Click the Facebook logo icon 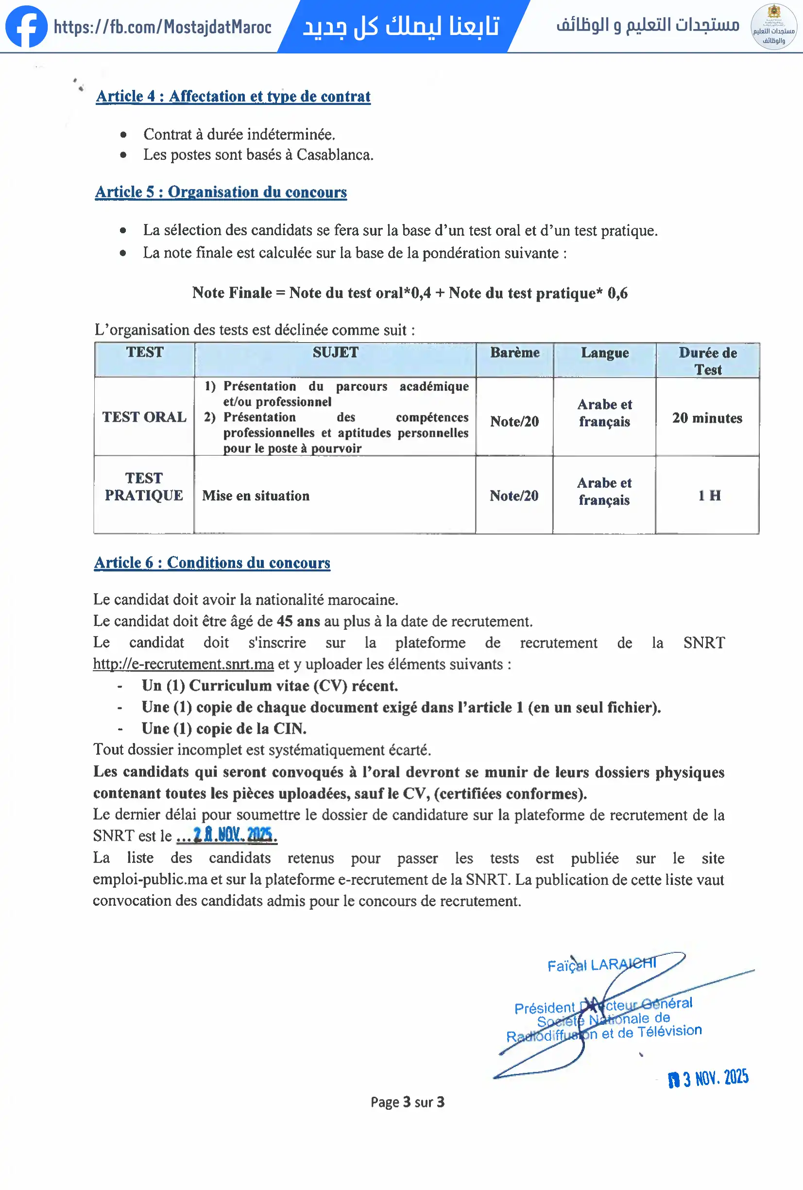(26, 26)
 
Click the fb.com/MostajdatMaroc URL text (162, 27)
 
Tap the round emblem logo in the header (773, 26)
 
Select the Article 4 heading (233, 96)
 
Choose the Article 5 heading (221, 192)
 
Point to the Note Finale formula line (410, 293)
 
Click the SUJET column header (335, 353)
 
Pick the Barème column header (514, 353)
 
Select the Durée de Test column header (707, 361)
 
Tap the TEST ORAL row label (144, 417)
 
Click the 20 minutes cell (707, 418)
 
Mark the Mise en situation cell (256, 496)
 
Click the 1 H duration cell (709, 495)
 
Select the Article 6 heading (212, 563)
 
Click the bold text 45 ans (298, 621)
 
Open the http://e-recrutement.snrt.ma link (183, 664)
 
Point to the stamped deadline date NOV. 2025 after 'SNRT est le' (233, 835)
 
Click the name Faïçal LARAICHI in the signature (601, 965)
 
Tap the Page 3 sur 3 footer (408, 1102)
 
